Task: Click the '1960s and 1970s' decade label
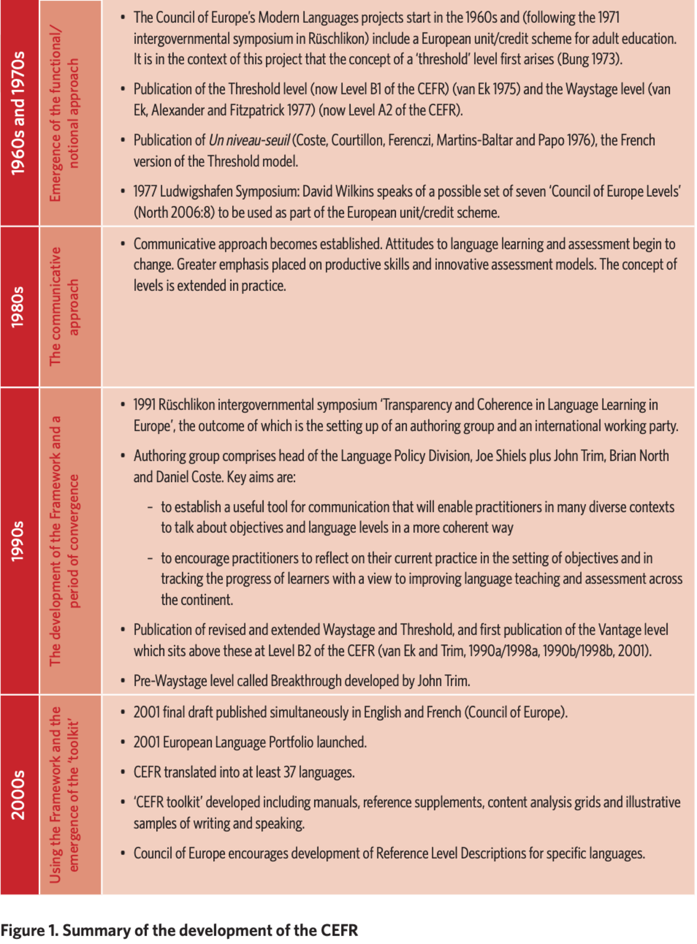18,113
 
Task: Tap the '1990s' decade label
18,541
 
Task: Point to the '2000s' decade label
18,795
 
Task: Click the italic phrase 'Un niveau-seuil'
249,140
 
